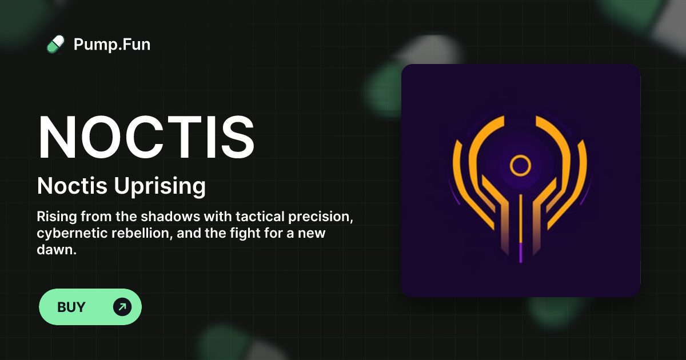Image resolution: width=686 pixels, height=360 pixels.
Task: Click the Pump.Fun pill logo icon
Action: point(55,45)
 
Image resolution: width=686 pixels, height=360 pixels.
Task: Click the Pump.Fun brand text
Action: point(112,45)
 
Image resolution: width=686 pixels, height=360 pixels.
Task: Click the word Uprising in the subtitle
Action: point(159,186)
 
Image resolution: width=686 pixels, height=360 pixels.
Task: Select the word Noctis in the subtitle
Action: point(72,186)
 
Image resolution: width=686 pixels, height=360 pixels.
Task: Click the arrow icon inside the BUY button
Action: point(122,307)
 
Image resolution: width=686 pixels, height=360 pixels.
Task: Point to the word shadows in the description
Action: point(170,217)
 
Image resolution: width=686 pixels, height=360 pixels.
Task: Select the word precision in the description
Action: point(321,217)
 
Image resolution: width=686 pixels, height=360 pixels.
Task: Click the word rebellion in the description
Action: point(142,233)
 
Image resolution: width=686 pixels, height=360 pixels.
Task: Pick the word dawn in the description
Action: point(57,250)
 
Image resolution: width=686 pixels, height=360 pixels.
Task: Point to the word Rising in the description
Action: point(57,217)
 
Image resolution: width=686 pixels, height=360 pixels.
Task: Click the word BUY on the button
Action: point(71,307)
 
